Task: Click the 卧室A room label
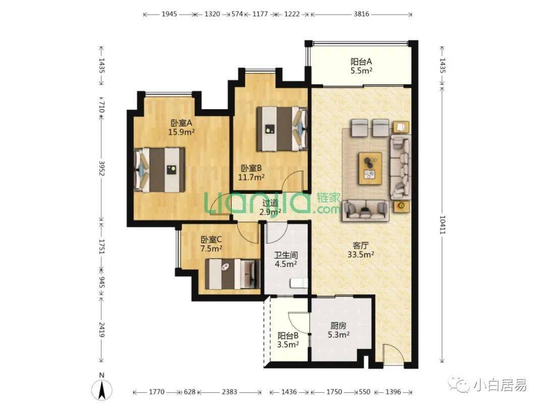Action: pos(182,123)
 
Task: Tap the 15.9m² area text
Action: pos(181,132)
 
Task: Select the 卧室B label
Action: pos(251,168)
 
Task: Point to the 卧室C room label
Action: pos(211,240)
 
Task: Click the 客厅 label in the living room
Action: pos(360,245)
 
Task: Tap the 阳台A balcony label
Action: pos(361,62)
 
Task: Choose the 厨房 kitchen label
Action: pos(339,326)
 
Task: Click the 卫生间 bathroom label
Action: pos(286,255)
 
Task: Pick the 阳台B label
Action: pos(288,336)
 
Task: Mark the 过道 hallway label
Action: pos(270,203)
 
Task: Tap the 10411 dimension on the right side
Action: pos(442,224)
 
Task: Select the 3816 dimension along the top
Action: pos(361,14)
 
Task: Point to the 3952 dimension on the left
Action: pos(101,168)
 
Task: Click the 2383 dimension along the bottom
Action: pos(230,392)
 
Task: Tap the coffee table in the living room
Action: pos(370,168)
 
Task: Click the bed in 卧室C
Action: pos(233,274)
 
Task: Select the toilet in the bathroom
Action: pos(299,283)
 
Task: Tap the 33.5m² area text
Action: pos(361,254)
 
